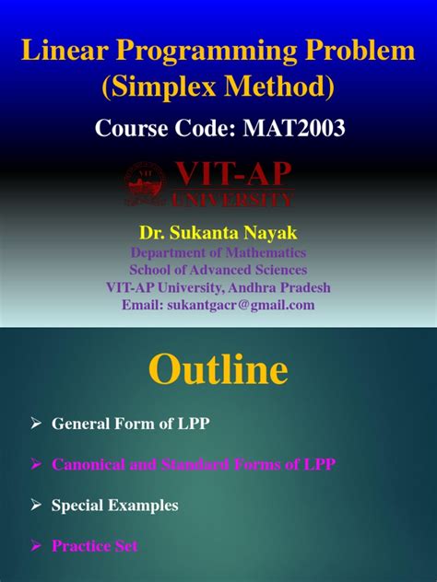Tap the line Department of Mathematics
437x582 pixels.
(x=218, y=252)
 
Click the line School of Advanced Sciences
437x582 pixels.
(x=218, y=270)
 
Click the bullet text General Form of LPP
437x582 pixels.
(x=130, y=424)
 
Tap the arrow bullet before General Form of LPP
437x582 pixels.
(x=37, y=423)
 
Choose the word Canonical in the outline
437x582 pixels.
(x=87, y=465)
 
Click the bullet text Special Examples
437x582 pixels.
(x=114, y=506)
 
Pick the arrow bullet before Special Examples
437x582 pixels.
(x=37, y=505)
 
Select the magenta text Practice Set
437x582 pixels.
(x=94, y=546)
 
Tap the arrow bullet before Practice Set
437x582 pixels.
(x=37, y=545)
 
